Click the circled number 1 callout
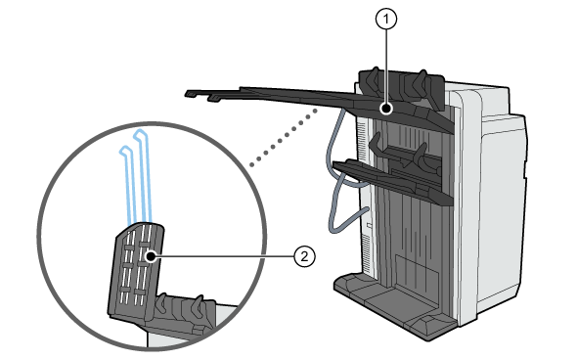[x=386, y=20]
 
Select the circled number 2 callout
[x=305, y=256]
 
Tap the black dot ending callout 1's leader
[x=386, y=109]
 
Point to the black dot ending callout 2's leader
[x=151, y=256]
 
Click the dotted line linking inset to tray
[x=284, y=137]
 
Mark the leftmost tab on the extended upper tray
[x=191, y=94]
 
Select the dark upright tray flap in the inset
[x=136, y=271]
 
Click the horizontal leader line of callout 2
[x=225, y=256]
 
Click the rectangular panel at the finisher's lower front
[x=417, y=272]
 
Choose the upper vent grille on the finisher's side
[x=362, y=137]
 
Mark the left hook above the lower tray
[x=376, y=145]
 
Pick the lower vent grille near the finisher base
[x=367, y=253]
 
